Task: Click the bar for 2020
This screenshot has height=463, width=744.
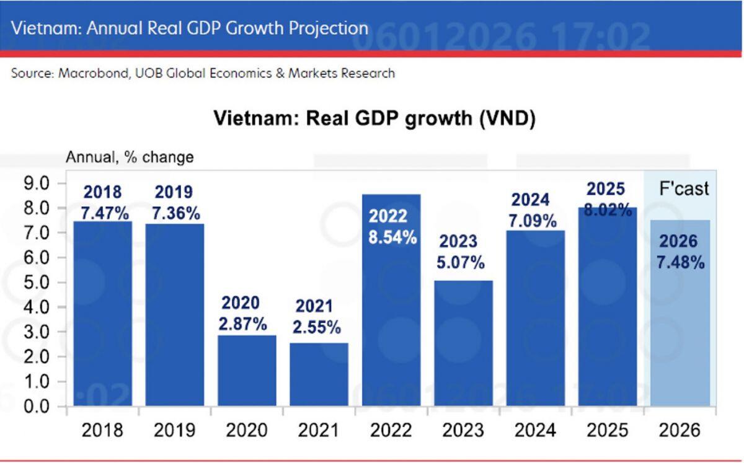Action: tap(247, 371)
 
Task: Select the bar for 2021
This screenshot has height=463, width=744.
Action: tap(319, 374)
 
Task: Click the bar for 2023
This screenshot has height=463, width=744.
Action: tap(463, 344)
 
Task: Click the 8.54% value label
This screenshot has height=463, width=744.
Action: tap(392, 236)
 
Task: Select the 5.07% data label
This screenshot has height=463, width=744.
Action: tap(460, 262)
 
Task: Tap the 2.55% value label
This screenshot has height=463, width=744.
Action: tap(316, 327)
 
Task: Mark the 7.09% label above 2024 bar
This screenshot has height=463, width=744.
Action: tap(532, 221)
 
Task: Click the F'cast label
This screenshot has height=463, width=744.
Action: tap(683, 188)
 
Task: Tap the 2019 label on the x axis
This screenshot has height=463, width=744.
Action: tap(174, 430)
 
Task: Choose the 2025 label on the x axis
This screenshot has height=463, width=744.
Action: tap(607, 430)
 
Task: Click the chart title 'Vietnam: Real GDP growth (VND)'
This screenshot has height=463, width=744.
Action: tap(374, 118)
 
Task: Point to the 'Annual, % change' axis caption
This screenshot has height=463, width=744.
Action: tap(130, 157)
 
